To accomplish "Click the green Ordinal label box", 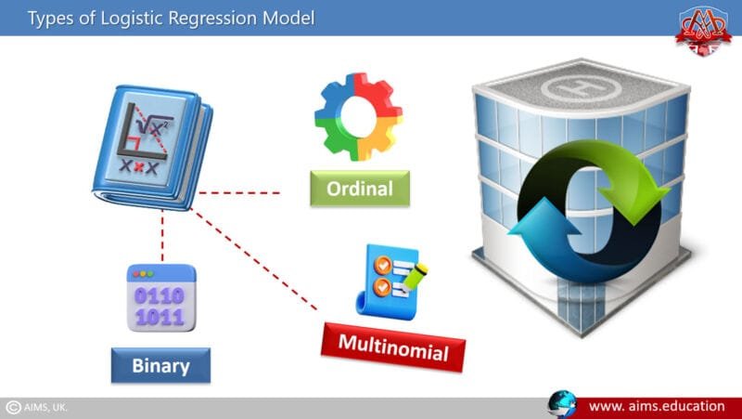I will (x=359, y=189).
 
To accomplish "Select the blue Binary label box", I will (x=160, y=365).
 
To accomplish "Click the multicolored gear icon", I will (x=358, y=117).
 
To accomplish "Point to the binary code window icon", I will (x=160, y=298).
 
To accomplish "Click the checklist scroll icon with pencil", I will (x=391, y=279).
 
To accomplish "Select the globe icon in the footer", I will (x=562, y=405).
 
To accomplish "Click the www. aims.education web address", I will (x=656, y=406).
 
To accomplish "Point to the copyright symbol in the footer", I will (x=13, y=407).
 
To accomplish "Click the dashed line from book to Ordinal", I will (x=239, y=193).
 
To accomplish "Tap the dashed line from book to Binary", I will (x=162, y=237).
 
